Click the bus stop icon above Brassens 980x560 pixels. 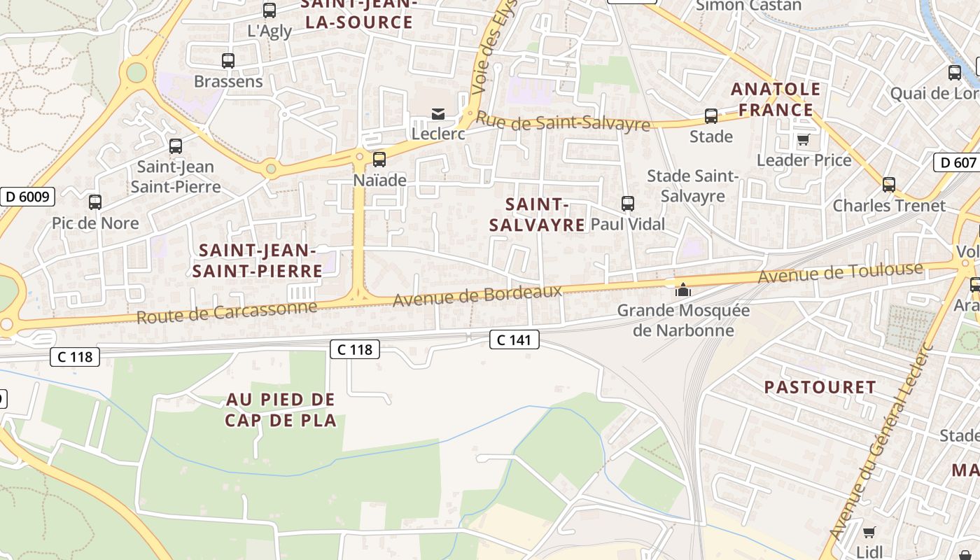[x=228, y=61]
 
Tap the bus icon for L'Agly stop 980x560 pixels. [x=269, y=10]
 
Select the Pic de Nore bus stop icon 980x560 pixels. [x=95, y=202]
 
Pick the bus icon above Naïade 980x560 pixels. [x=379, y=160]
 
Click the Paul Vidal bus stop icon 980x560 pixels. [x=628, y=204]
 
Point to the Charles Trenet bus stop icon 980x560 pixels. [x=889, y=185]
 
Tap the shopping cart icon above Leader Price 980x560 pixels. [x=804, y=139]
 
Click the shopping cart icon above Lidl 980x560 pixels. [x=869, y=531]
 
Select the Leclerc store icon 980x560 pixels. [x=438, y=113]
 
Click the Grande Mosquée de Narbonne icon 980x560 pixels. [x=682, y=290]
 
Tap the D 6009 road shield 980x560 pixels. [x=27, y=197]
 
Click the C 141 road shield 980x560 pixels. [x=514, y=340]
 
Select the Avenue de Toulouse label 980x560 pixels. [x=841, y=272]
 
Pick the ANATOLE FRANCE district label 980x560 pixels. [x=776, y=99]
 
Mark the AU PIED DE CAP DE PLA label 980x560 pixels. [x=281, y=409]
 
